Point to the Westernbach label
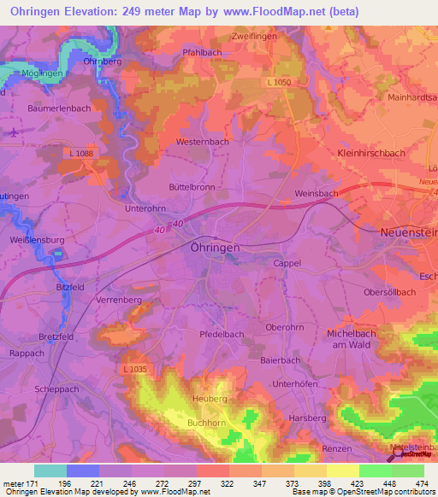coord(201,141)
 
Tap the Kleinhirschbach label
coord(371,154)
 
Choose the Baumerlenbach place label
coord(59,108)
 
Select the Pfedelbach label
coord(222,334)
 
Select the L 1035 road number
coord(134,368)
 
